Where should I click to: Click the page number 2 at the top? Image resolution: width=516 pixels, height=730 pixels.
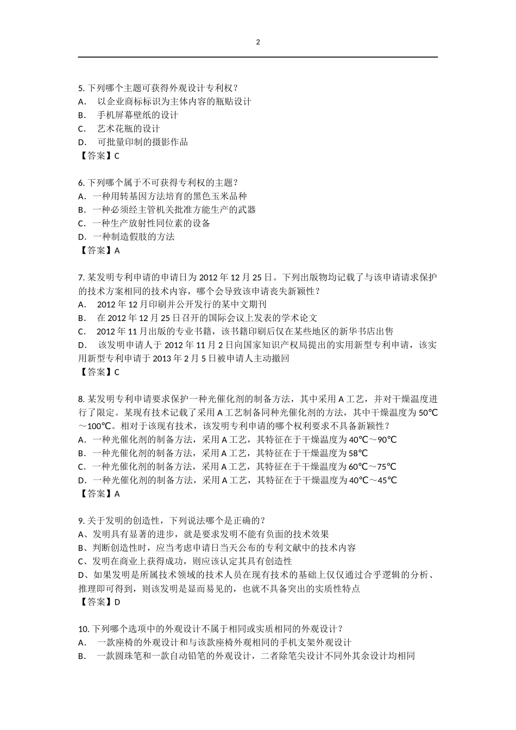[x=258, y=42]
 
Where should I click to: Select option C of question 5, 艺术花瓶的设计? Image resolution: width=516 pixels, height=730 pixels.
[x=128, y=129]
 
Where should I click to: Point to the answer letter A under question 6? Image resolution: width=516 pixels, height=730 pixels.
[x=117, y=250]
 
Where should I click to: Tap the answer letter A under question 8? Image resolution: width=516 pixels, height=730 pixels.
[x=117, y=494]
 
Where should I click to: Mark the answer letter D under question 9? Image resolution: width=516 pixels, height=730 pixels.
[x=117, y=602]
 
